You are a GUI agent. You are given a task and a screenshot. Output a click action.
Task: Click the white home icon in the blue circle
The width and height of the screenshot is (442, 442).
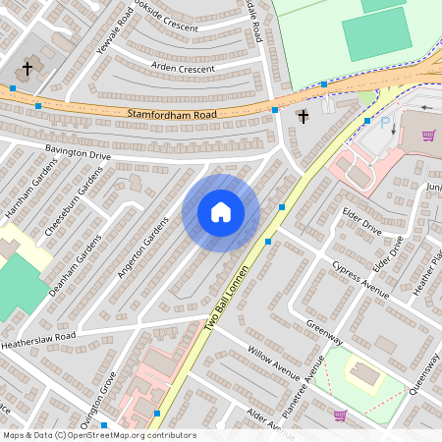click(221, 212)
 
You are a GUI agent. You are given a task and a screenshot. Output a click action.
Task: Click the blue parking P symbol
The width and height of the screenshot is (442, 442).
click(385, 125)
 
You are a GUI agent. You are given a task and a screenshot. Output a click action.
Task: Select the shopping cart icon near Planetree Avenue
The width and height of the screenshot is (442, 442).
click(340, 415)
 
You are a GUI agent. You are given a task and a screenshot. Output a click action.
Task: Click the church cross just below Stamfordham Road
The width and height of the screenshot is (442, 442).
click(303, 117)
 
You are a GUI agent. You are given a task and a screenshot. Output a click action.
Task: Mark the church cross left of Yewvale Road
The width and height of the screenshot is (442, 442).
click(28, 70)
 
